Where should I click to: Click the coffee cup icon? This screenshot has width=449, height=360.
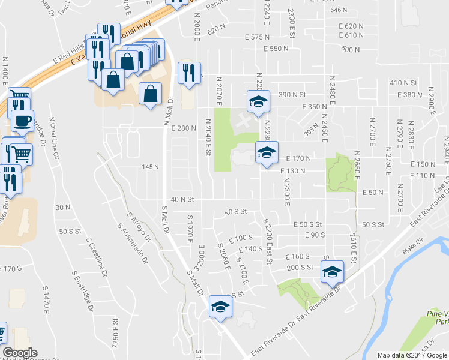(x=22, y=121)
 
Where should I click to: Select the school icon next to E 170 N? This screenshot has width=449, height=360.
(x=267, y=152)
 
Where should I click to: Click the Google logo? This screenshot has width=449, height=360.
(x=20, y=353)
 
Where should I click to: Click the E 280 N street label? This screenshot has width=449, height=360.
(x=184, y=128)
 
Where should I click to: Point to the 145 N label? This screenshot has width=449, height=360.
(x=150, y=167)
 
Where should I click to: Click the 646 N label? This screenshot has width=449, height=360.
(x=339, y=10)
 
